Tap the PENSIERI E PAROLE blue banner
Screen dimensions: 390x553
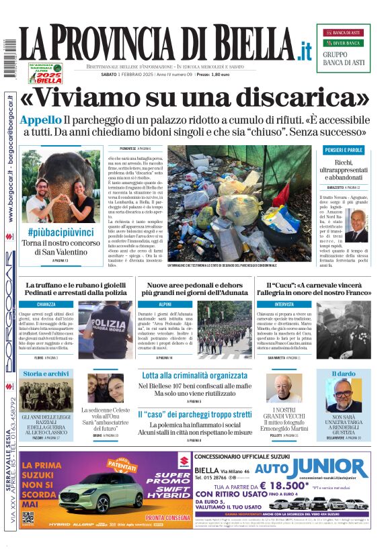(344, 150)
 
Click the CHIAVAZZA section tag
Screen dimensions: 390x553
(46, 304)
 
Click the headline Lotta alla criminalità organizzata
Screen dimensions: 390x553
(195, 376)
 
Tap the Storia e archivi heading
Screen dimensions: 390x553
(45, 374)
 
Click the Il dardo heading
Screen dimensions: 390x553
(344, 374)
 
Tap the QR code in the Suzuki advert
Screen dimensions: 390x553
(28, 518)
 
